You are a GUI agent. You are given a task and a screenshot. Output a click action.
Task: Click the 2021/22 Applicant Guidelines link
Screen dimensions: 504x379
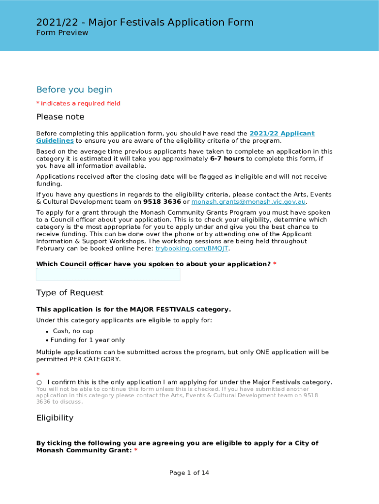coord(282,134)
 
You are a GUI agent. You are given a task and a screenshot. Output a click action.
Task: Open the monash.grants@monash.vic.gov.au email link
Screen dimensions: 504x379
coord(249,202)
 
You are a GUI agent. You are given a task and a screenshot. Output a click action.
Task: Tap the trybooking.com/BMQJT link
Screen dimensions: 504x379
coord(192,249)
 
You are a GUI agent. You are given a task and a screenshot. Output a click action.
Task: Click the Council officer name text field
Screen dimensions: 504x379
coord(108,275)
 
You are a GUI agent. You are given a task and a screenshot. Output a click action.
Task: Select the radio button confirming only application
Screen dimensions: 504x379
coord(39,382)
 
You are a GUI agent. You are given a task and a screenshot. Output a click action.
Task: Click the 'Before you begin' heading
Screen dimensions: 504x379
coord(74,90)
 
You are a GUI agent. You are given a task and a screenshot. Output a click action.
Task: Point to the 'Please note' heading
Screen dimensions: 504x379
coord(60,117)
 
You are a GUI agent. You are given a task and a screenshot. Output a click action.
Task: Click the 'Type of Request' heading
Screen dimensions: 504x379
coord(70,293)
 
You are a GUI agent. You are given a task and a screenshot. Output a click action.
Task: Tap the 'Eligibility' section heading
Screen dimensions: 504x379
coord(55,418)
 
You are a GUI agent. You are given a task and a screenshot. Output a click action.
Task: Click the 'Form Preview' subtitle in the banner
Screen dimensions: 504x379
coord(62,33)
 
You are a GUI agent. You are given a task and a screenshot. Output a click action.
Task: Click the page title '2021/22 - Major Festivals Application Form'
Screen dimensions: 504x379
coord(145,22)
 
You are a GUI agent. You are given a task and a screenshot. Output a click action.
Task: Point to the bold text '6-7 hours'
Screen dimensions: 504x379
coord(227,159)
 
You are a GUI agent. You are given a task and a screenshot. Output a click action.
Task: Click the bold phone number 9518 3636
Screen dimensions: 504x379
coord(162,202)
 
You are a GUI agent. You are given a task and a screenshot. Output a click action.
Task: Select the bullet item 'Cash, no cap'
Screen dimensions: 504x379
coord(73,331)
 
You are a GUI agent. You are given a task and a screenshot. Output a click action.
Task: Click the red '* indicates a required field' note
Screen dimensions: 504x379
coord(78,103)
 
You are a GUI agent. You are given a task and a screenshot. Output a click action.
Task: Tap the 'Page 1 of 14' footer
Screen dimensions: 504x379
coord(189,473)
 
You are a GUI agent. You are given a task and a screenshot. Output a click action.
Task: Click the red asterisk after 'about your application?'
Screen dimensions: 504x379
coord(275,264)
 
